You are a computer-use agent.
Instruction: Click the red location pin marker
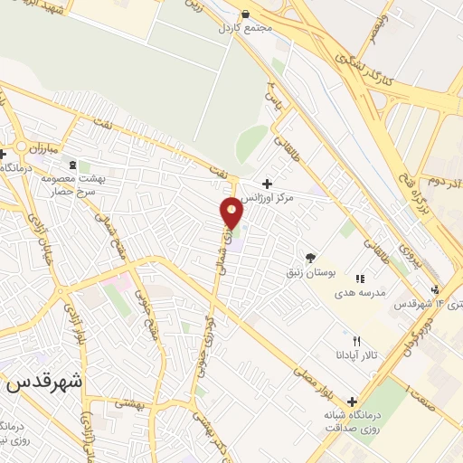[x=232, y=212]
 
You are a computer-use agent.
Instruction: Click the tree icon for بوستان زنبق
[x=311, y=258]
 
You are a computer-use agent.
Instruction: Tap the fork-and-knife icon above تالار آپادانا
[x=357, y=341]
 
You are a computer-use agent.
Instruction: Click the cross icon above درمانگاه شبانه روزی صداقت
[x=352, y=402]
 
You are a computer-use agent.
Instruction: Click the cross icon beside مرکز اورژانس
[x=267, y=184]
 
